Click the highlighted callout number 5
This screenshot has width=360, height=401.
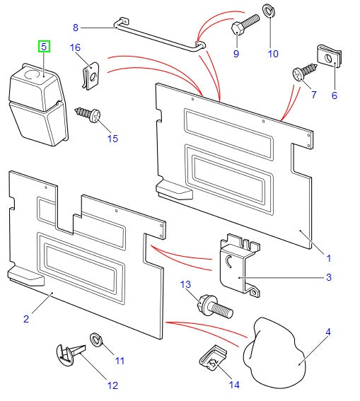tap(44, 47)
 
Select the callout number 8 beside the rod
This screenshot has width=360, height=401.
tap(76, 28)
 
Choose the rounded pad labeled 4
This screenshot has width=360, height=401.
tap(276, 351)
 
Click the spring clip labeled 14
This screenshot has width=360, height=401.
tap(213, 361)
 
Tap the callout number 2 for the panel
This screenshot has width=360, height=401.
tap(25, 319)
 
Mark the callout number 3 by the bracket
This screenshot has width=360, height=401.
tap(328, 277)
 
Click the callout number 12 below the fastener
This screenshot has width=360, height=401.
tap(112, 385)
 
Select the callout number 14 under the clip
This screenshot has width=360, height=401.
tap(233, 385)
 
